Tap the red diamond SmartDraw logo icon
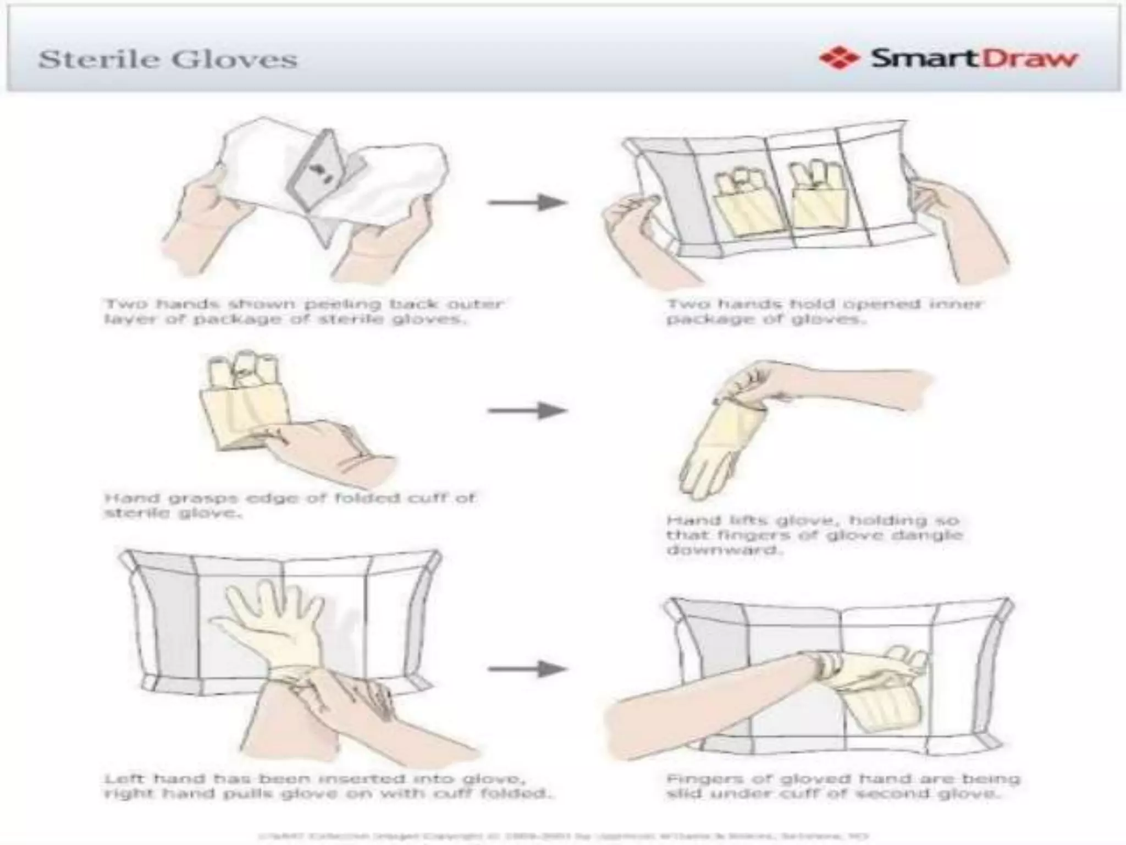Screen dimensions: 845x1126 pos(838,58)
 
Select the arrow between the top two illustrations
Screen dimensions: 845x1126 pos(527,202)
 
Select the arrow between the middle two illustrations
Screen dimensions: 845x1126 pos(527,410)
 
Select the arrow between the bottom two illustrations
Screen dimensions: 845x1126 pos(527,669)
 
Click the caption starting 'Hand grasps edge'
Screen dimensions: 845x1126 pos(289,505)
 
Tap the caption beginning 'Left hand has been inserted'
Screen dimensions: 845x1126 pos(327,786)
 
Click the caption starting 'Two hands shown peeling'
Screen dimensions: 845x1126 pos(303,311)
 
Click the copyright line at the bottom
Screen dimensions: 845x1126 pos(563,836)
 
